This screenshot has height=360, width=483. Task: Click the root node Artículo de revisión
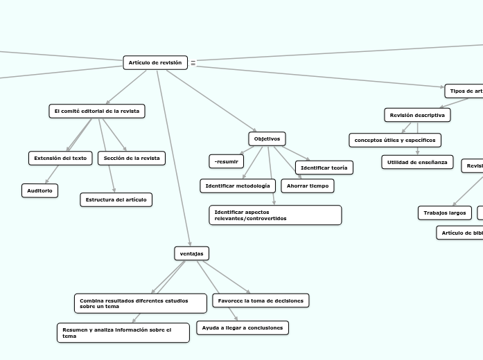[155, 63]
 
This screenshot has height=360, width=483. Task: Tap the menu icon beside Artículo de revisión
[193, 63]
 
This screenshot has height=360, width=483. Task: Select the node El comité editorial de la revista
[97, 111]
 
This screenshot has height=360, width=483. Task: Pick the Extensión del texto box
[60, 159]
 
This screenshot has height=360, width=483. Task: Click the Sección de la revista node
[132, 159]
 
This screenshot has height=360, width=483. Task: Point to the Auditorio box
[40, 190]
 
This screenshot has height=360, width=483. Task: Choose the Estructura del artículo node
[116, 200]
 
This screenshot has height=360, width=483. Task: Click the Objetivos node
[267, 139]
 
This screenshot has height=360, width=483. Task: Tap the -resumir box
[227, 161]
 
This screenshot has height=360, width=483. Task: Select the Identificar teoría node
[324, 168]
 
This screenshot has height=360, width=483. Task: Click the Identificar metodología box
[238, 186]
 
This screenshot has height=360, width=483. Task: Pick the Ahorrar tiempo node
[308, 186]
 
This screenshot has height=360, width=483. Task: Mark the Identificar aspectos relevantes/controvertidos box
[275, 215]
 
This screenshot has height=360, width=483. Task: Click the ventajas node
[191, 253]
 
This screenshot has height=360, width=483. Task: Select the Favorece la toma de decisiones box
[261, 300]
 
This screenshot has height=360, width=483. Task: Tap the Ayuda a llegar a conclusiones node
[243, 327]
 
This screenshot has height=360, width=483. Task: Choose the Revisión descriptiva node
[417, 114]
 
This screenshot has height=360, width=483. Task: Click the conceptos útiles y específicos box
[395, 141]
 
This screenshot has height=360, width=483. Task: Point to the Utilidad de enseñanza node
[417, 162]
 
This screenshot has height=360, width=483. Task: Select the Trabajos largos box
[445, 213]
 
